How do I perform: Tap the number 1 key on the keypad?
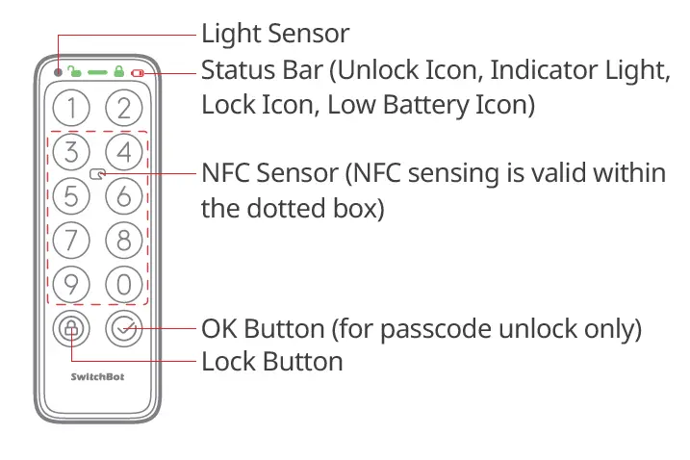click(x=70, y=106)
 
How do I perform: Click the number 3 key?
click(x=70, y=151)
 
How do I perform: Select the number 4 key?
click(x=123, y=151)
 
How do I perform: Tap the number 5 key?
click(x=70, y=195)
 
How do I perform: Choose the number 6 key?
click(x=123, y=195)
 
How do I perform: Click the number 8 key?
click(x=123, y=239)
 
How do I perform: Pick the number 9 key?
click(x=70, y=284)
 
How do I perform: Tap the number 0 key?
click(x=123, y=284)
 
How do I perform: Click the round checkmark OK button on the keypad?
click(x=123, y=329)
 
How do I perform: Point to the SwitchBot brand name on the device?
click(x=96, y=376)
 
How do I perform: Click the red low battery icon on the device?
click(x=138, y=72)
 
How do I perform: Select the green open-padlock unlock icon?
click(x=75, y=71)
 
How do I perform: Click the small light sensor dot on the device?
click(x=58, y=72)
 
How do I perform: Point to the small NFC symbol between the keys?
click(x=97, y=174)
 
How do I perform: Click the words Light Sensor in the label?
click(x=274, y=35)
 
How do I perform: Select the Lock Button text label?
click(x=271, y=362)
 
